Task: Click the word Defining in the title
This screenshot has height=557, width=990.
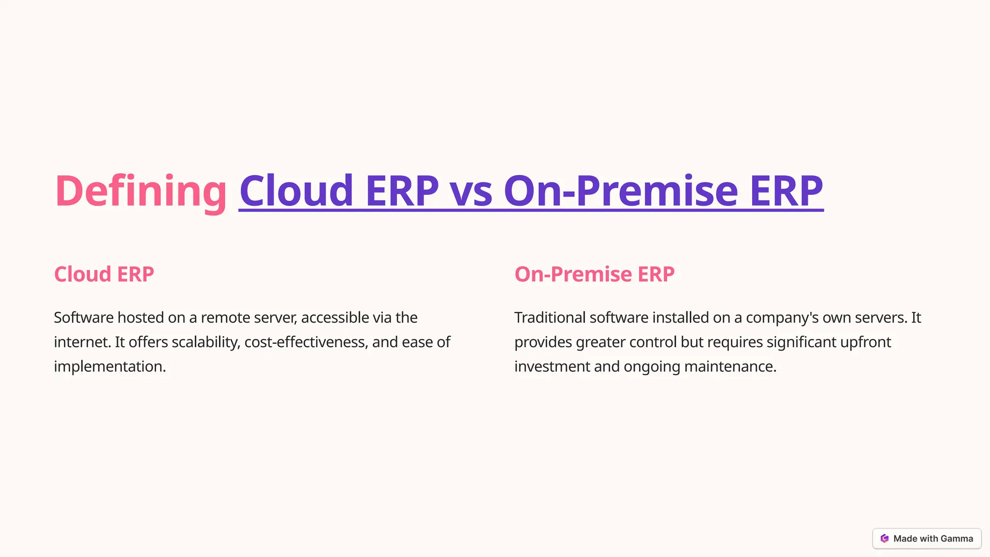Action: [x=140, y=191]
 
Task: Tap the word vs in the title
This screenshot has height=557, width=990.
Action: [x=471, y=191]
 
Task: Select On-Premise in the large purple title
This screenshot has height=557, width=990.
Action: [x=621, y=191]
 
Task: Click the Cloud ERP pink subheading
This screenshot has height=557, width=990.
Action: [x=104, y=274]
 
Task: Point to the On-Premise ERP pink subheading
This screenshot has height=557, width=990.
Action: [x=594, y=274]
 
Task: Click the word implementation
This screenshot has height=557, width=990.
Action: [x=109, y=366]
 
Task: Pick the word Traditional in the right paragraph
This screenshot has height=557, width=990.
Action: [x=550, y=318]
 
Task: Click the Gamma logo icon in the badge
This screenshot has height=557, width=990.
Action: [x=885, y=539]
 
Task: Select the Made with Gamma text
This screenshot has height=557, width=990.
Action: [x=933, y=539]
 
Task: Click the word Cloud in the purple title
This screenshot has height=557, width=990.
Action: [x=296, y=191]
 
